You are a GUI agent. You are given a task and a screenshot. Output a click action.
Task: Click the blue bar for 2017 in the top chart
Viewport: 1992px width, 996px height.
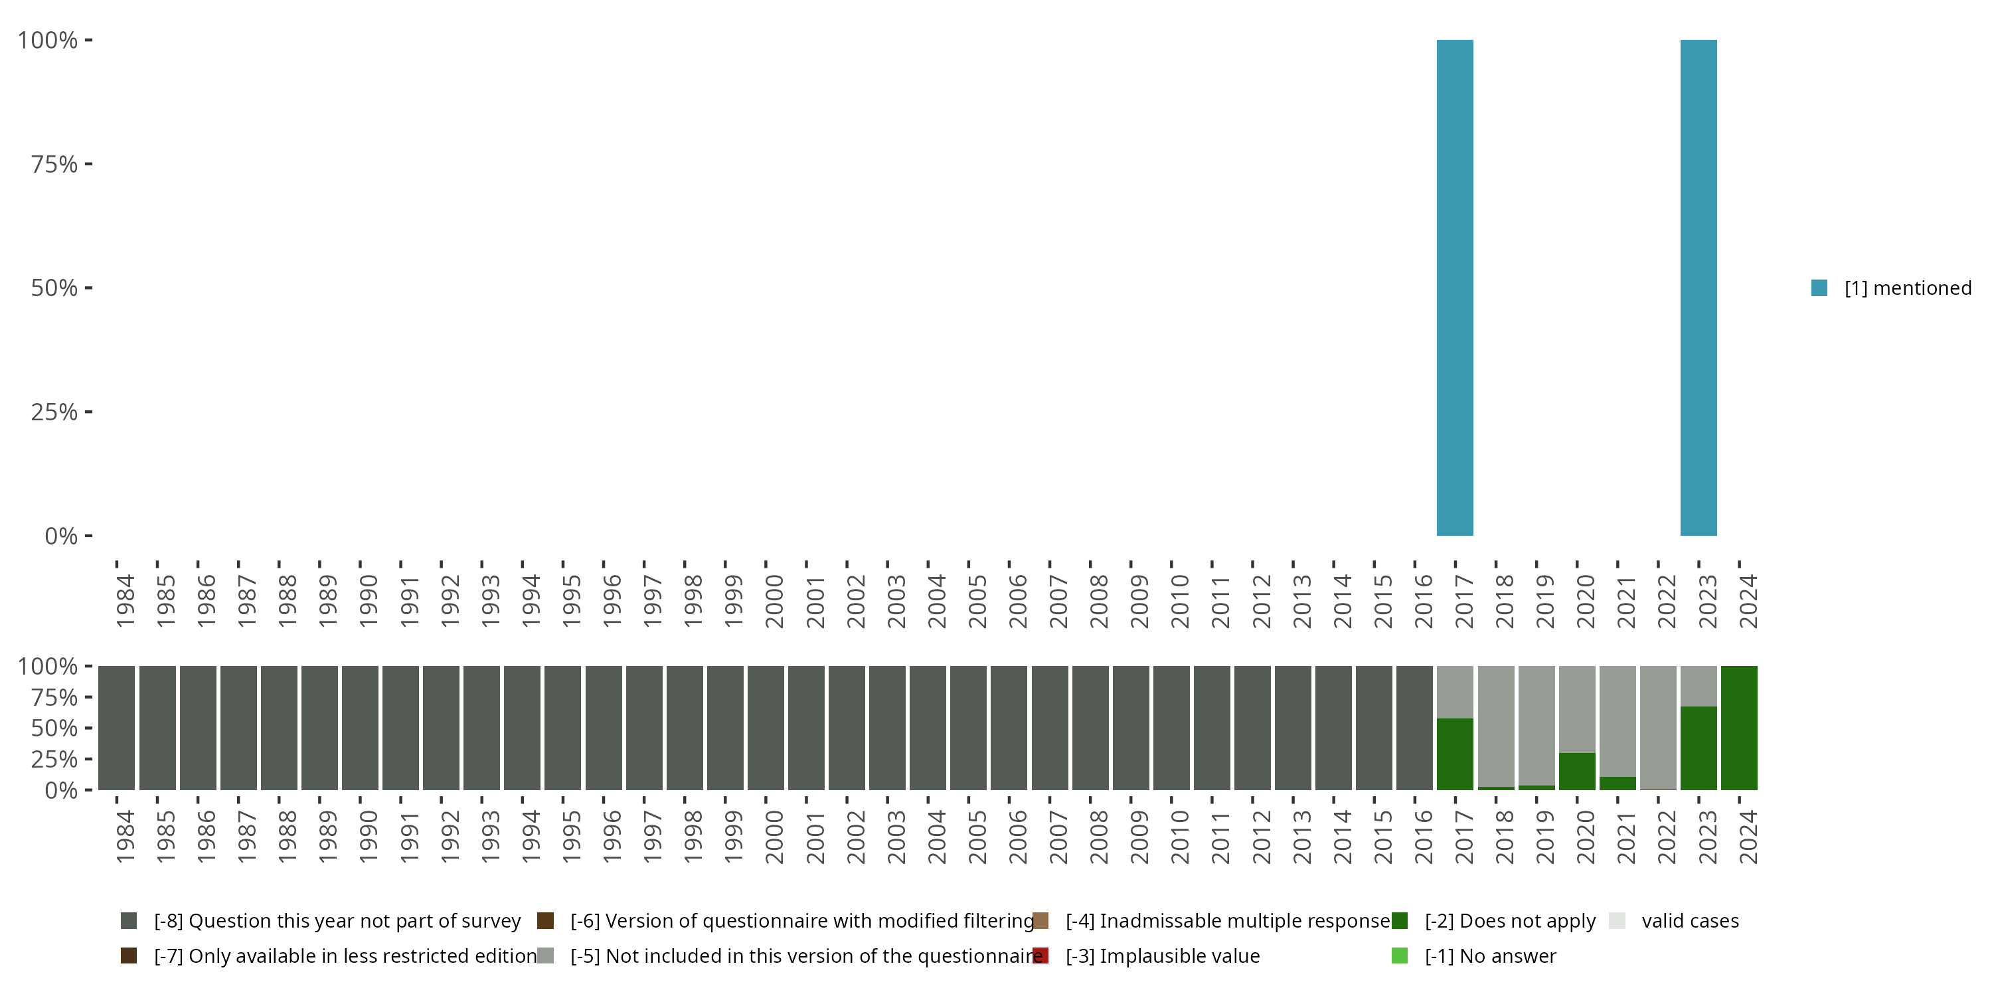point(1455,288)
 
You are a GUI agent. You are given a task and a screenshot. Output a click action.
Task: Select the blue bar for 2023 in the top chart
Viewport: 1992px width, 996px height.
point(1698,288)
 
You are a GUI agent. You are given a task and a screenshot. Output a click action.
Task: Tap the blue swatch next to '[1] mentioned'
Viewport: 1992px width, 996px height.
point(1819,288)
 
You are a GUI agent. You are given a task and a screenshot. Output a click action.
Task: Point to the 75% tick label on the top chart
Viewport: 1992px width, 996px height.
point(54,164)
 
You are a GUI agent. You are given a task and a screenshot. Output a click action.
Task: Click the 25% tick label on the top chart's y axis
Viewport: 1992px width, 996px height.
point(54,412)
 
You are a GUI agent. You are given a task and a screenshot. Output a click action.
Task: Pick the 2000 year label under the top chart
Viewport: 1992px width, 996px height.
point(774,601)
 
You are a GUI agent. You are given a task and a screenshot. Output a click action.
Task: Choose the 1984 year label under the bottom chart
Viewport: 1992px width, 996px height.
point(125,837)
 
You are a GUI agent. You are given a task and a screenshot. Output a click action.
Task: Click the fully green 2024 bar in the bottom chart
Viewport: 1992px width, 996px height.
point(1739,728)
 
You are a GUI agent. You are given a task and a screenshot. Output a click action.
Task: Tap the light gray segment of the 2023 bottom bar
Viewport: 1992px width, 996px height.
point(1698,686)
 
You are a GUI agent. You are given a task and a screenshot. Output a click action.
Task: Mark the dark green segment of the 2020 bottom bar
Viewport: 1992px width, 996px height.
point(1577,771)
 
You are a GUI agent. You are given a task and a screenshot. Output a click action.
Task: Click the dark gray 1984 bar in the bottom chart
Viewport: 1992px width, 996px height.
point(117,728)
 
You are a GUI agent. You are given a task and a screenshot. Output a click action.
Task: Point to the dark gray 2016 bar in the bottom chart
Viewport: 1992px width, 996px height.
point(1414,728)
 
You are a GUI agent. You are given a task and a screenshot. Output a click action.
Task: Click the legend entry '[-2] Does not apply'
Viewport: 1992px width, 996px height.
point(1509,921)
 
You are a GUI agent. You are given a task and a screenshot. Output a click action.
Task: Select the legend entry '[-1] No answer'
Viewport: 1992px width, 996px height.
point(1490,955)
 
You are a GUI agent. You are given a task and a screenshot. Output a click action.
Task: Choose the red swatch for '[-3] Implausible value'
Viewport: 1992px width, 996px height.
point(1041,955)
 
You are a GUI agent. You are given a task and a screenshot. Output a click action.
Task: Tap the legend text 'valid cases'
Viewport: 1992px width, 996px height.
point(1690,921)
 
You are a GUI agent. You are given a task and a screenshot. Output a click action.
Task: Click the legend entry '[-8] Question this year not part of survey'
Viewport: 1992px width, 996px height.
point(337,921)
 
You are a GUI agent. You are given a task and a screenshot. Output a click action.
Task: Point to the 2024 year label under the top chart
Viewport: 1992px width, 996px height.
point(1748,601)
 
